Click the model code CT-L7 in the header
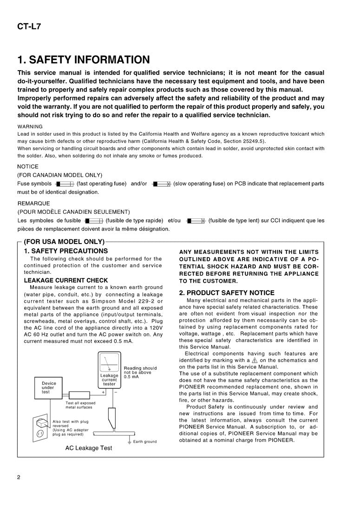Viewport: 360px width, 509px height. (29, 26)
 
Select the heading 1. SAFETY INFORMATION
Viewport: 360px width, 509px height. (84, 60)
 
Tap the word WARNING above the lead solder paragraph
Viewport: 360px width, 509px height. (30, 126)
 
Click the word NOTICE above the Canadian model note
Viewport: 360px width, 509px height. (28, 166)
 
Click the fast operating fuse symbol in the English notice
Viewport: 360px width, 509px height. (64, 184)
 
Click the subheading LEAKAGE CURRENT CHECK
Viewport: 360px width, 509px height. (65, 280)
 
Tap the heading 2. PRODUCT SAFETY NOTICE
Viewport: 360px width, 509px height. (227, 293)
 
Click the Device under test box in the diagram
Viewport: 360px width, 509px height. (48, 388)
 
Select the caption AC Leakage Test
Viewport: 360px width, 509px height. (88, 448)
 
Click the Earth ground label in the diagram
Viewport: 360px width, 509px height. (144, 442)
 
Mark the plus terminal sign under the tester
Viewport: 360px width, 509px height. (103, 392)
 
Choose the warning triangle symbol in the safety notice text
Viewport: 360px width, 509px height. (254, 360)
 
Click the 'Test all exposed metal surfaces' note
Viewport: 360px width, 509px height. (80, 405)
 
